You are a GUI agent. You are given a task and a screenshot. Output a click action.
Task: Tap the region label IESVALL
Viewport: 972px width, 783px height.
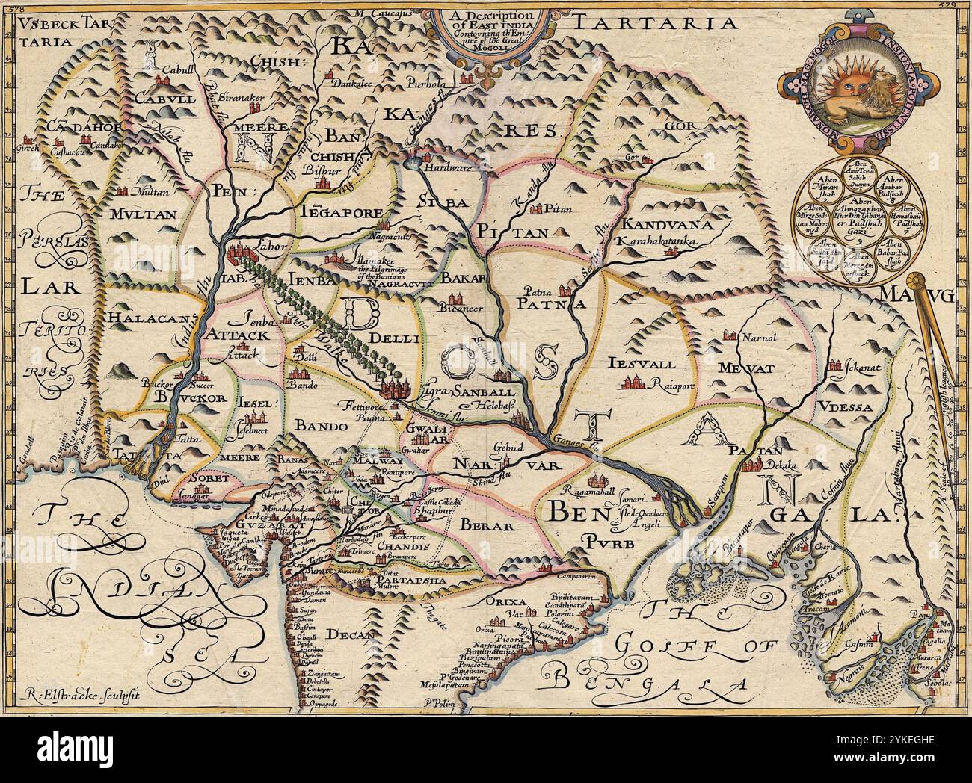[642, 364]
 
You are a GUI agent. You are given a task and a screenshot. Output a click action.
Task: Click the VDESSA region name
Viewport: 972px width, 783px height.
[843, 407]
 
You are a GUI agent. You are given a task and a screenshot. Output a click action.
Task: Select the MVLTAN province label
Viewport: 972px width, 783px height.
[144, 213]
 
